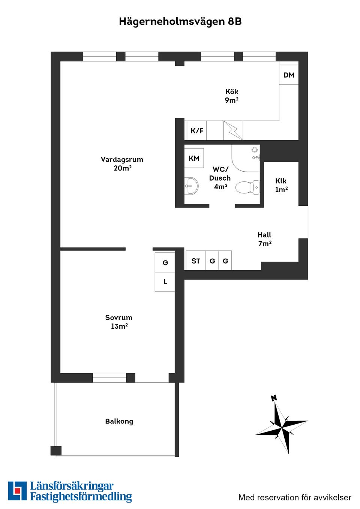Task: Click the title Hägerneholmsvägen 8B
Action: pos(180,21)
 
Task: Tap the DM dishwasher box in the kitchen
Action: pos(289,75)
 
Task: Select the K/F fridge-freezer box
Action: pos(196,130)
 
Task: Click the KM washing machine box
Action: pos(194,158)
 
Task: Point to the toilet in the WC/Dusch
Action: pos(248,187)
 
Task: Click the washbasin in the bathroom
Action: pos(192,186)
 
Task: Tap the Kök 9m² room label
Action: pos(232,96)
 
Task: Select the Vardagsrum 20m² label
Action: pos(122,164)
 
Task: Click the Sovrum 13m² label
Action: pos(119,322)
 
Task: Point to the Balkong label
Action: pos(119,421)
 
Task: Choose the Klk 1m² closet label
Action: pos(281,185)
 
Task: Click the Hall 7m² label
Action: pos(264,239)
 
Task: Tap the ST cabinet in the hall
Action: pos(196,261)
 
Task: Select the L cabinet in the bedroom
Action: pos(165,282)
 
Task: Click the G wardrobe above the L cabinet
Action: pos(165,262)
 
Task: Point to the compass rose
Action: pos(282,426)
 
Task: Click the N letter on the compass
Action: pos(274,398)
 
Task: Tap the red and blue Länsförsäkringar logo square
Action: pos(17,491)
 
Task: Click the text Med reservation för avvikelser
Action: pos(295,498)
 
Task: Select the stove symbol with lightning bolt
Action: pos(233,130)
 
